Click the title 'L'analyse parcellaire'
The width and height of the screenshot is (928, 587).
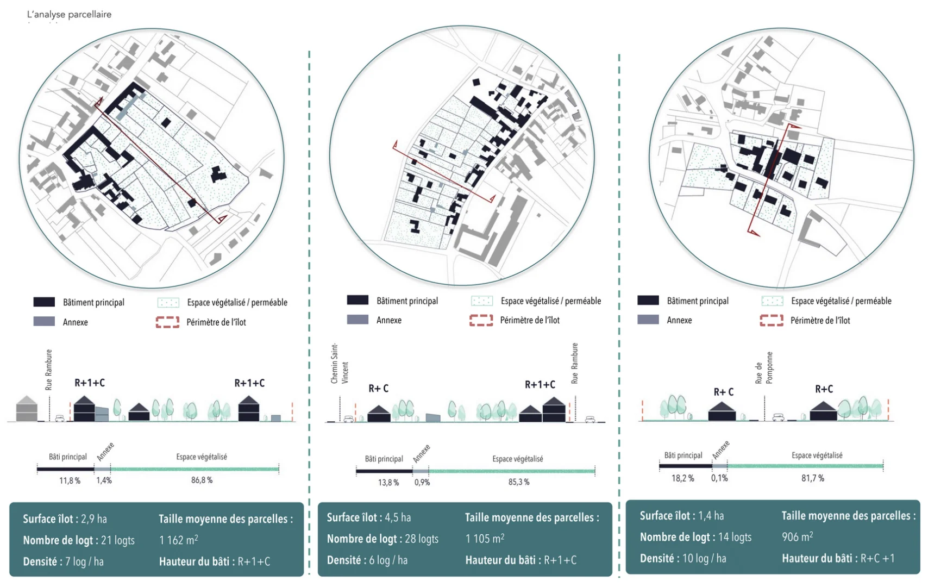click(69, 14)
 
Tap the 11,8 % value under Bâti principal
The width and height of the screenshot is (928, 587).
click(70, 480)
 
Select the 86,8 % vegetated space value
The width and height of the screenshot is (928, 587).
click(202, 480)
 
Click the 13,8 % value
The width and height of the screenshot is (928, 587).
click(388, 482)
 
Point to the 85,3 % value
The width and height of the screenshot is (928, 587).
click(519, 482)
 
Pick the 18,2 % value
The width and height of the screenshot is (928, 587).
click(682, 478)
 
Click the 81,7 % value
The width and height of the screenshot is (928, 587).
click(813, 478)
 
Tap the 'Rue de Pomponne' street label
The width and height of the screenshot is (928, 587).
click(763, 368)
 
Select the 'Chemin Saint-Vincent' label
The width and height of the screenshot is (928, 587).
click(339, 364)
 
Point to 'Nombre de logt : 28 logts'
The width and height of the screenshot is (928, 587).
click(383, 539)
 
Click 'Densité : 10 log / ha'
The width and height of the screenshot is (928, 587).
click(683, 558)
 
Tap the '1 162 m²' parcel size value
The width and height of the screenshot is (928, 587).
click(179, 540)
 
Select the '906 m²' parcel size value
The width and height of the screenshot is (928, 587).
click(797, 537)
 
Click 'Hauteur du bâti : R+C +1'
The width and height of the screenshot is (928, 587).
click(838, 558)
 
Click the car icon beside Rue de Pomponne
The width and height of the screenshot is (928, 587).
click(778, 417)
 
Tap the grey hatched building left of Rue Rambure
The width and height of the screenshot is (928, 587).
click(27, 409)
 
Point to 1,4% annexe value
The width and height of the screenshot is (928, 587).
click(104, 480)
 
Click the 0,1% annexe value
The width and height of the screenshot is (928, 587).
click(719, 478)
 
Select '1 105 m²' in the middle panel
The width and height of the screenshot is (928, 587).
click(485, 539)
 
